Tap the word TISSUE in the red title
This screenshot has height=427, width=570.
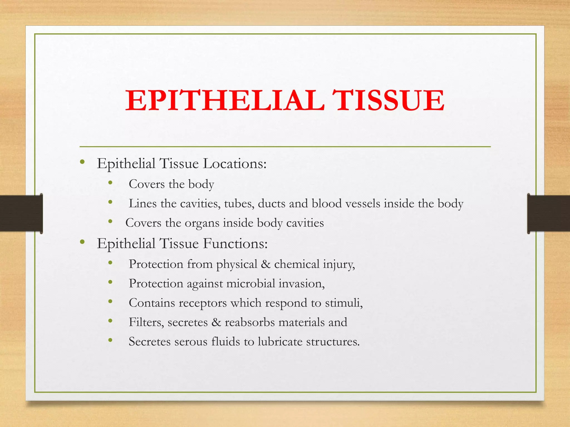click(388, 101)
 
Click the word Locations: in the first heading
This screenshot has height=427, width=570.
click(235, 163)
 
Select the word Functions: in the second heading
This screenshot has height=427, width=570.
click(235, 244)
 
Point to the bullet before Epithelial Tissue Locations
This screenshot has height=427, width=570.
click(82, 162)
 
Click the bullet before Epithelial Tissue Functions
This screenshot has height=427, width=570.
click(82, 242)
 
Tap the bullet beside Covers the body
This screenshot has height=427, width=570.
click(110, 183)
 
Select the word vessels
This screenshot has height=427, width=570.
click(363, 204)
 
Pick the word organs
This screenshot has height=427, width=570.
click(202, 224)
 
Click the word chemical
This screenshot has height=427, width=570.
click(297, 264)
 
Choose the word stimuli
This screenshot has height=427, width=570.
click(343, 303)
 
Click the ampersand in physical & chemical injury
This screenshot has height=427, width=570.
click(266, 264)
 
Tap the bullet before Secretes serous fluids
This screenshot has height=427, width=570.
click(110, 340)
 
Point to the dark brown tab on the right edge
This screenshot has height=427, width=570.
click(549, 213)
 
